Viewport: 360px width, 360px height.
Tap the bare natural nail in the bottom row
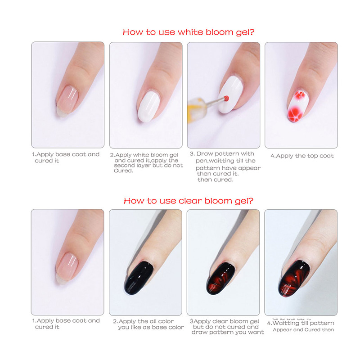click(67, 265)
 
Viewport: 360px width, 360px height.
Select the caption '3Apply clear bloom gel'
click(225, 327)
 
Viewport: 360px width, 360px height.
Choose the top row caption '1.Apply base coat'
click(66, 157)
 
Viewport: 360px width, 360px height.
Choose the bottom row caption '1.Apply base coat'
click(66, 324)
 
